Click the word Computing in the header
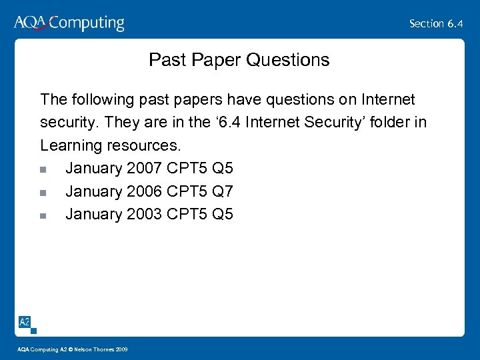tap(87, 23)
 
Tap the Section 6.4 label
tap(436, 23)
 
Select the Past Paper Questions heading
tap(239, 60)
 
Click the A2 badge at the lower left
tap(25, 323)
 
